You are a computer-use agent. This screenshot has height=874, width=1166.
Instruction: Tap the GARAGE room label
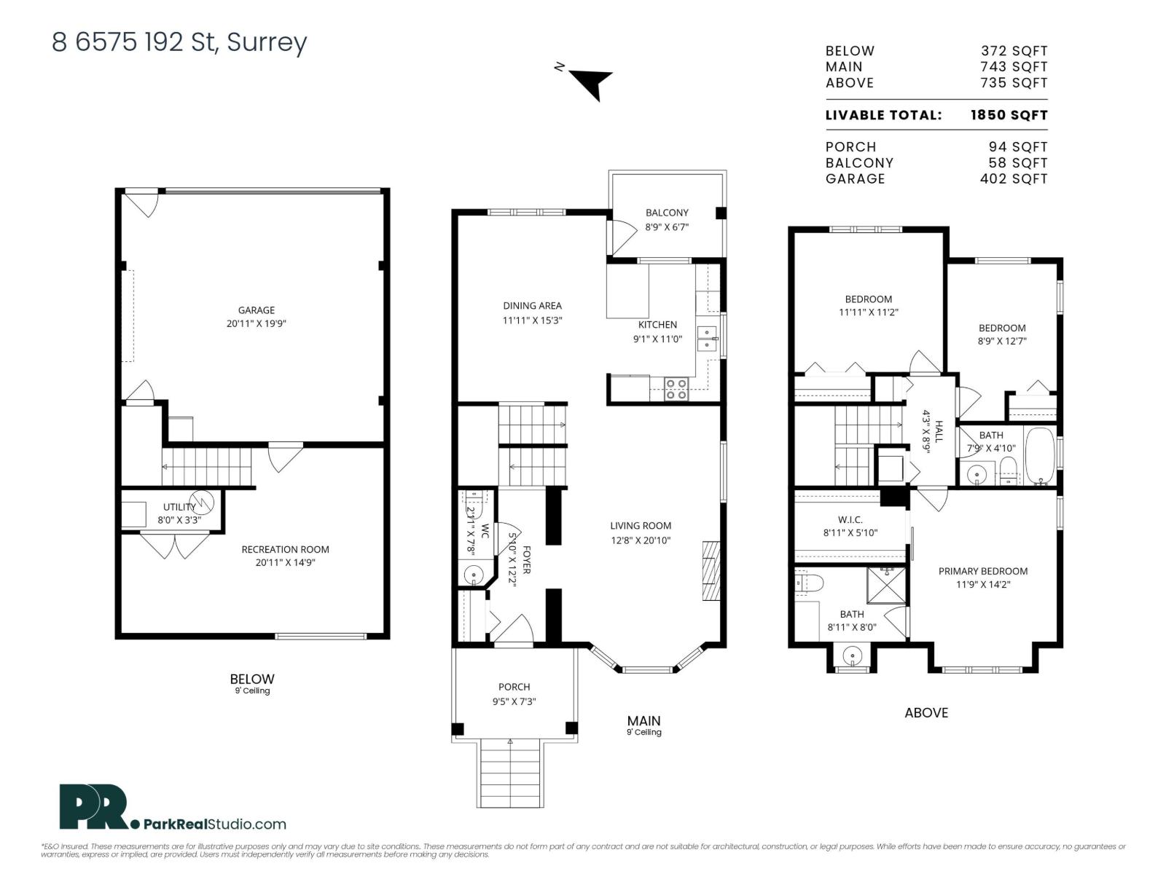pyautogui.click(x=256, y=310)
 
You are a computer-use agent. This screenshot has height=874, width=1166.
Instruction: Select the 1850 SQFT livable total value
pyautogui.click(x=1009, y=115)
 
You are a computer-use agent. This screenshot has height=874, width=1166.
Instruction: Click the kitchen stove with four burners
pyautogui.click(x=676, y=389)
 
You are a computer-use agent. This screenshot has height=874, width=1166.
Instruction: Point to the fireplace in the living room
pyautogui.click(x=711, y=570)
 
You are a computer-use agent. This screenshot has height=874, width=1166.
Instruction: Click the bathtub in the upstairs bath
pyautogui.click(x=1040, y=457)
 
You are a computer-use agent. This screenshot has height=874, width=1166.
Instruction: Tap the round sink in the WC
pyautogui.click(x=474, y=575)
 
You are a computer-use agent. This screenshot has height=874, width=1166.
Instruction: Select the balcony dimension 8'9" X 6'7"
pyautogui.click(x=666, y=227)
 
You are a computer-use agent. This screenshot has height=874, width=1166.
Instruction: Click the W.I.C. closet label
pyautogui.click(x=850, y=520)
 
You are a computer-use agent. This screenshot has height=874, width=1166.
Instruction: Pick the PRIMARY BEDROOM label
pyautogui.click(x=982, y=571)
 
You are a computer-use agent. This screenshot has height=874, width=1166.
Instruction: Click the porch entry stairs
pyautogui.click(x=510, y=773)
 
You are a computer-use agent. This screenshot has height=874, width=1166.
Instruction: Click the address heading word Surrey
pyautogui.click(x=267, y=42)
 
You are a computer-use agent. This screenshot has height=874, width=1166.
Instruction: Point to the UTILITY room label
pyautogui.click(x=179, y=507)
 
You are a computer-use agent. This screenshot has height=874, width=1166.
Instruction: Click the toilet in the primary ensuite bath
pyautogui.click(x=810, y=583)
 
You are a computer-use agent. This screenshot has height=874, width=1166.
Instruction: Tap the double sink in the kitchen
pyautogui.click(x=707, y=334)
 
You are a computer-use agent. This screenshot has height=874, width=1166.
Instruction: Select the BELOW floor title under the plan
pyautogui.click(x=252, y=679)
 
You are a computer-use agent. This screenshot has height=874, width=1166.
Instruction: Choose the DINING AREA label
pyautogui.click(x=532, y=306)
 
